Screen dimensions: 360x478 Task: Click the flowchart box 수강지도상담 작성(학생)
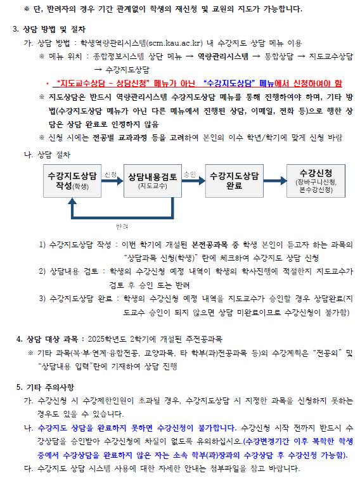coord(72,181)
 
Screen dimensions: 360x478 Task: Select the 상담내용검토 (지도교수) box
coord(153,181)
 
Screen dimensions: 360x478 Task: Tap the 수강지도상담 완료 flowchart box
coord(234,181)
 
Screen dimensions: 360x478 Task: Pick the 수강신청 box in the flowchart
coord(316,181)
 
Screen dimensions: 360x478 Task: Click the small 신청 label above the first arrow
coord(111,174)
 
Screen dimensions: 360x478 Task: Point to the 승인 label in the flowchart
coord(190,174)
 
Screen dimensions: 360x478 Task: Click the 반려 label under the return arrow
coord(122,226)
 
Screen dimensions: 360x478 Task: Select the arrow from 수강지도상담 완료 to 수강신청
coord(275,181)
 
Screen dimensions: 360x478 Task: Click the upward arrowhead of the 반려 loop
coord(72,200)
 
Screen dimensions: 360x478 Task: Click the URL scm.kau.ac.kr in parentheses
coord(174,43)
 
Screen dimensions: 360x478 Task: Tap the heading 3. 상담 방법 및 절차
coord(49,30)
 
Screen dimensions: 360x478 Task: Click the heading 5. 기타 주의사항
coord(45,387)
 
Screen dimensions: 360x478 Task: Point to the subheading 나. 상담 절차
coord(47,155)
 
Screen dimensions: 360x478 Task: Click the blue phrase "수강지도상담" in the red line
coord(229,83)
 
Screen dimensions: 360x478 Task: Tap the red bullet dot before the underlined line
coord(48,84)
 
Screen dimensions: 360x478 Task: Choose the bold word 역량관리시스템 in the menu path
coord(223,56)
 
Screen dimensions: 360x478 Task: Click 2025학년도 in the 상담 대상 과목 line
coord(106,339)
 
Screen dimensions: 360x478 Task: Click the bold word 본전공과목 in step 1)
coord(209,245)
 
